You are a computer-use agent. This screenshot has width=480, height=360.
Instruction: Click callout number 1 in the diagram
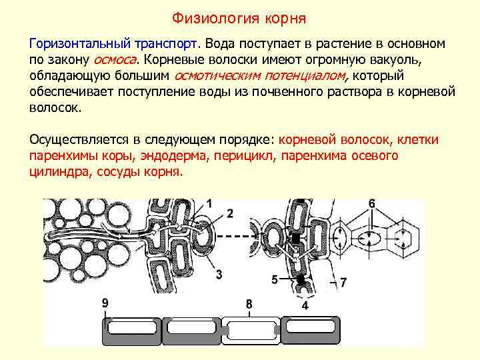210,203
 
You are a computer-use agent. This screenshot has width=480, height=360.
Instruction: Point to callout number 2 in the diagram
230,213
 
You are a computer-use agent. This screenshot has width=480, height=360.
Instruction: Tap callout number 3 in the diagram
219,274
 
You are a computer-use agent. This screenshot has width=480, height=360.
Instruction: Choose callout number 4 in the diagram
305,306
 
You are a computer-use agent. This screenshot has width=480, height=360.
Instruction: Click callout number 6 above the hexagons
371,203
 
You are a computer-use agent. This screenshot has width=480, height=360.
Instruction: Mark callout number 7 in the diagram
343,283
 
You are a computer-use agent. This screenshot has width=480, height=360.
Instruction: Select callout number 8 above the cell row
249,305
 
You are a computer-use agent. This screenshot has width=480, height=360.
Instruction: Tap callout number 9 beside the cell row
105,303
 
